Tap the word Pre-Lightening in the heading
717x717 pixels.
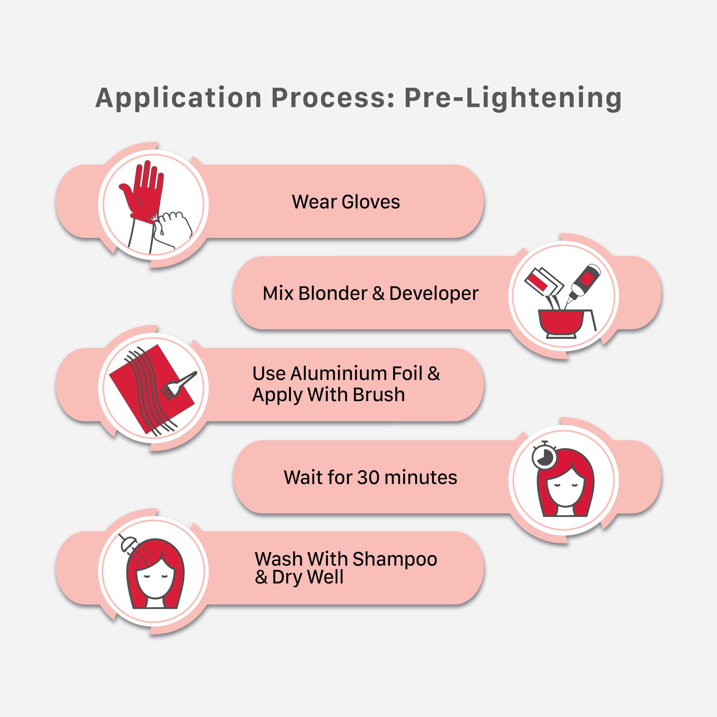[513, 98]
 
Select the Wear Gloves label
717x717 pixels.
[346, 202]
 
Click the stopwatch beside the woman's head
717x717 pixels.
[544, 456]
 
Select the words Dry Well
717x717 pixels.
[308, 577]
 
